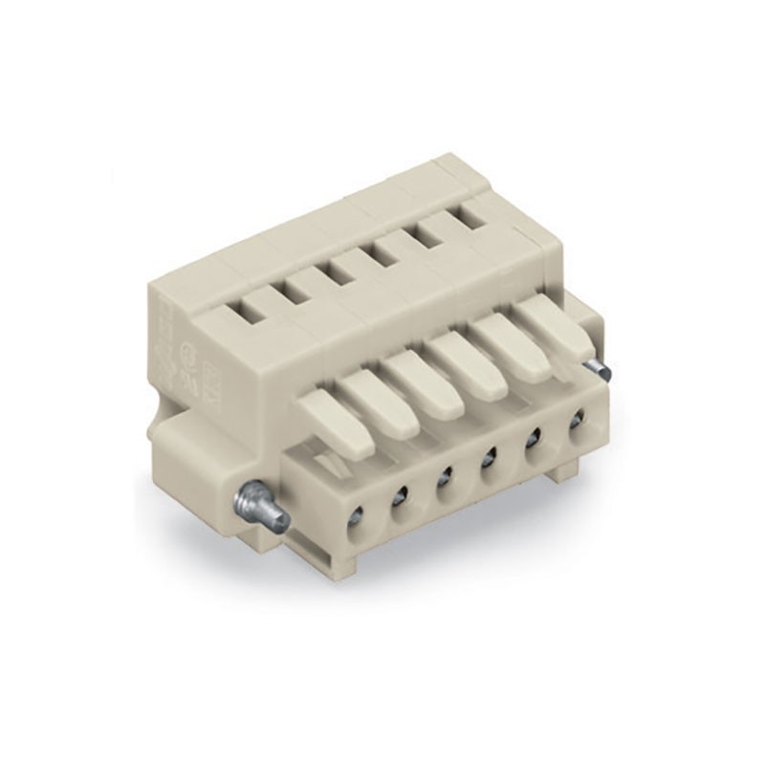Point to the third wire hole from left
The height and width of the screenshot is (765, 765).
pyautogui.click(x=444, y=477)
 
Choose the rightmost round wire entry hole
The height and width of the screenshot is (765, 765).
pyautogui.click(x=577, y=420)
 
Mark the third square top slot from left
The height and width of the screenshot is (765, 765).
pyautogui.click(x=341, y=269)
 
